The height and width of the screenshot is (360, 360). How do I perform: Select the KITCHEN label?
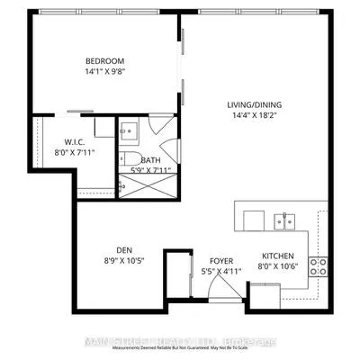[x=278, y=255]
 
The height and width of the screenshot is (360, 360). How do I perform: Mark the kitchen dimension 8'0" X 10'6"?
[x=278, y=265]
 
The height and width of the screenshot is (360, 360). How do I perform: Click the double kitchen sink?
[x=284, y=219]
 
